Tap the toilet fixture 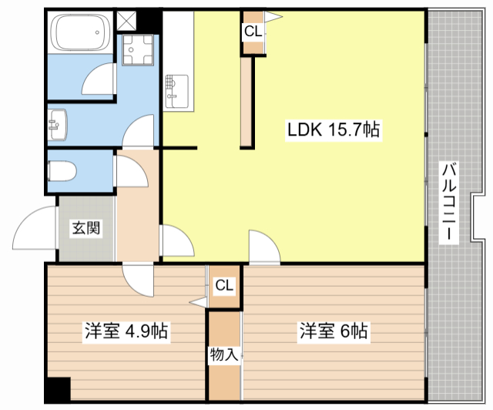[62, 172]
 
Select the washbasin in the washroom [58, 125]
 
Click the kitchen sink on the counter [176, 91]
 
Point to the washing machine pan [138, 50]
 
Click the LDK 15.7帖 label [334, 129]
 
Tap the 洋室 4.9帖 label [126, 331]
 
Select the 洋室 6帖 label [334, 331]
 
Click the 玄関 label [86, 228]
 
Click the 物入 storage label [224, 355]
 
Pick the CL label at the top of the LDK [253, 32]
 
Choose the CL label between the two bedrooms [224, 285]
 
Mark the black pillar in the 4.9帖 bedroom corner [59, 389]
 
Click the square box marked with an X [126, 21]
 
